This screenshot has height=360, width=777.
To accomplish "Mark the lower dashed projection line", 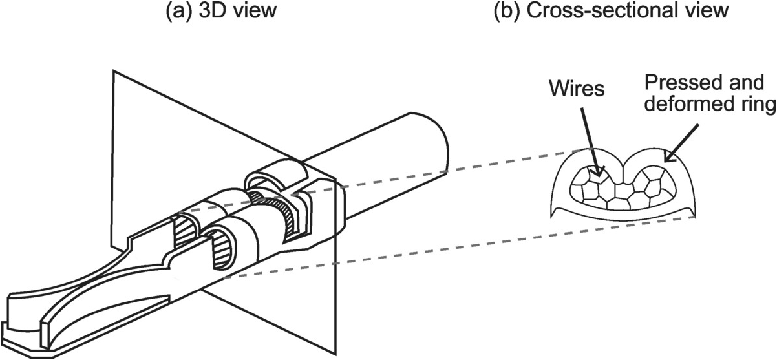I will tap(452, 246).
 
